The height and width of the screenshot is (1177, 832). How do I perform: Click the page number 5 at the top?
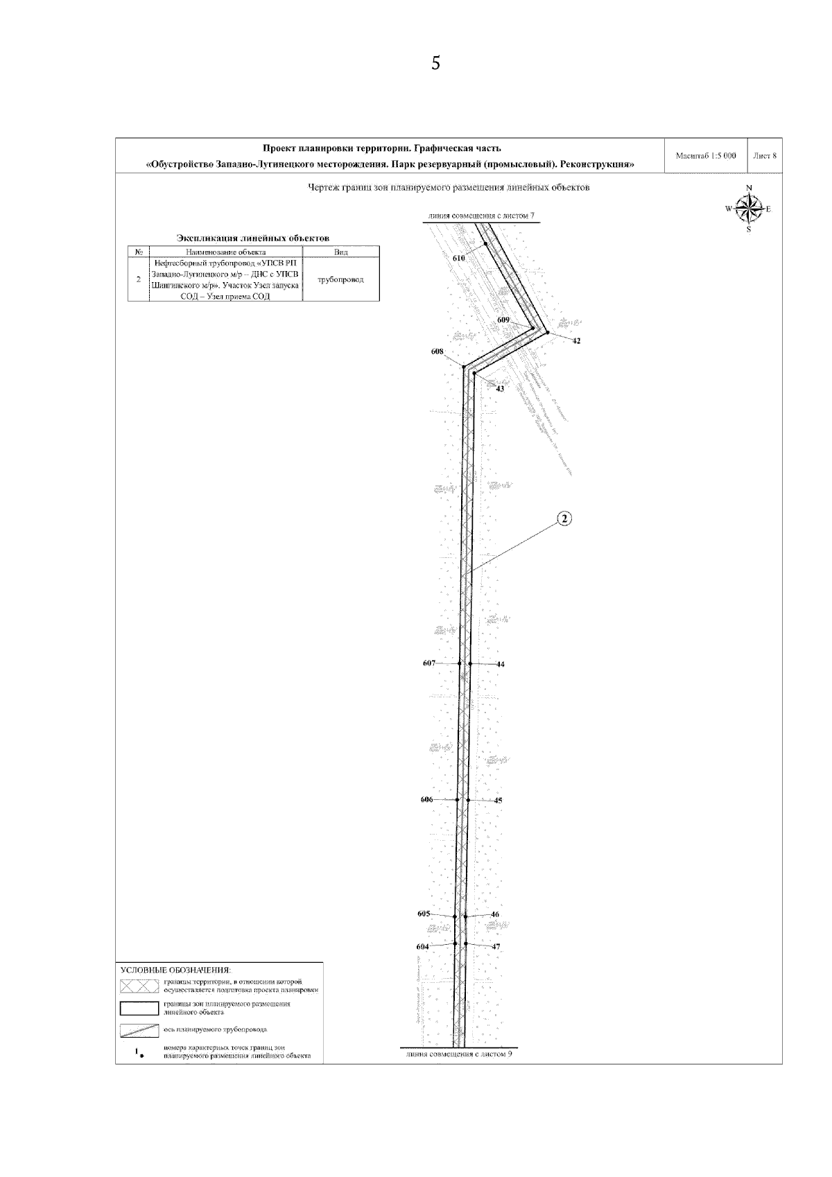coord(435,64)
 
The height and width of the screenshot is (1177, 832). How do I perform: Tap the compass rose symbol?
coord(748,208)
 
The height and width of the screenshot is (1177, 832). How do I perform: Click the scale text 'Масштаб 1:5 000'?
coord(705,156)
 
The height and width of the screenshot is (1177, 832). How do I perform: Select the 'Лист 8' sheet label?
coord(765,156)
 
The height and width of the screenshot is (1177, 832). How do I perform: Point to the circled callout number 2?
coord(564,518)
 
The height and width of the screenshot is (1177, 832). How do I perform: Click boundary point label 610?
coord(458,258)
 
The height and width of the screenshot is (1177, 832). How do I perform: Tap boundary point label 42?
coord(576,340)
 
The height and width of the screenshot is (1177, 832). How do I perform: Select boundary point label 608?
coord(437,352)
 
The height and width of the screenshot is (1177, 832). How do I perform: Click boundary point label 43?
coord(500,389)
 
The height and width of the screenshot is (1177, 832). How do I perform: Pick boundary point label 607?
coord(429,663)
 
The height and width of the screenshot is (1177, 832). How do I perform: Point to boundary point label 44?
coord(501,664)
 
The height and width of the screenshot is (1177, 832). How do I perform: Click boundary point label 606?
coord(427,799)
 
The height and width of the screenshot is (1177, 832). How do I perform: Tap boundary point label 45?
coord(498,801)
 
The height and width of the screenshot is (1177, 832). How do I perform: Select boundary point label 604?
coord(422,946)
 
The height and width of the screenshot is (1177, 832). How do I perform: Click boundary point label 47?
coord(496,946)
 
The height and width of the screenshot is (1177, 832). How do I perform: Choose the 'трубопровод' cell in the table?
coord(340,279)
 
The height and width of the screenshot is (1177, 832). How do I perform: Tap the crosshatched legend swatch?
coord(139,986)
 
